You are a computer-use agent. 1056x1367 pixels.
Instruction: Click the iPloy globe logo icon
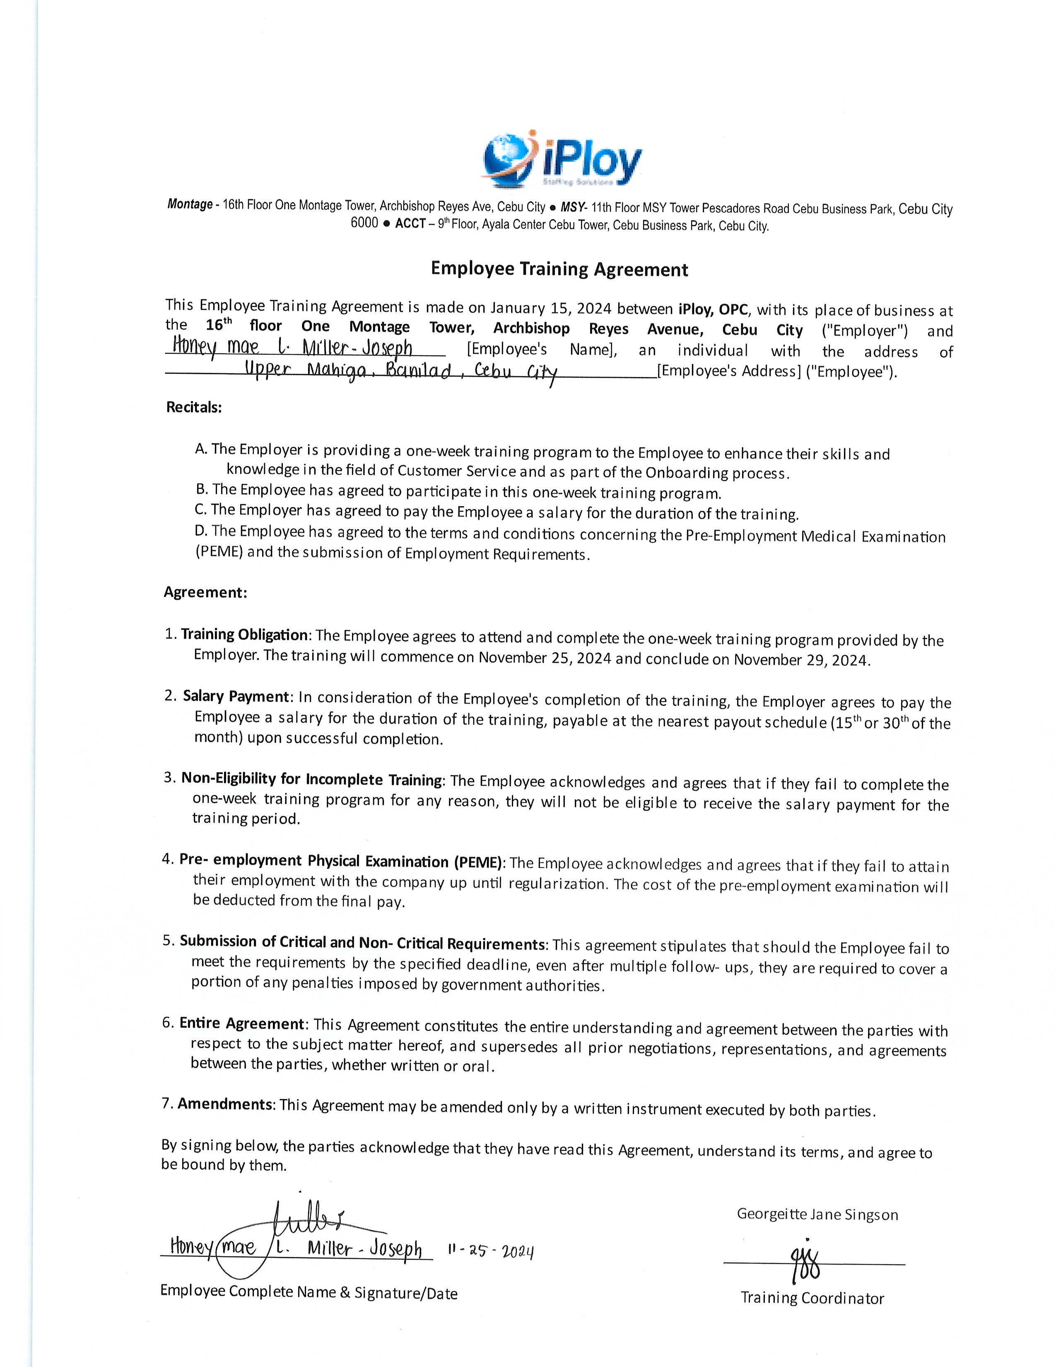tap(508, 159)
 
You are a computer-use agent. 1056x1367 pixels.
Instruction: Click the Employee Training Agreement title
tap(559, 269)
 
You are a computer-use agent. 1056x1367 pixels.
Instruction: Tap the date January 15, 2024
tap(550, 308)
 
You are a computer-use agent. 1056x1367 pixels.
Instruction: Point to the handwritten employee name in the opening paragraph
tap(292, 348)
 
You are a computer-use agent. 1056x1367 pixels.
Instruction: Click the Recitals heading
tap(194, 408)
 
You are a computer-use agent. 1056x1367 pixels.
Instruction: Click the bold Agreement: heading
tap(205, 592)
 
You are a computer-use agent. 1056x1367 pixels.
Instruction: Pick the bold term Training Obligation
tap(244, 635)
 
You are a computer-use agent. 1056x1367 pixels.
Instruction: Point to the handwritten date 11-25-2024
tap(490, 1251)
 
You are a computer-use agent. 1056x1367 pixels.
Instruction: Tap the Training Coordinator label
tap(812, 1298)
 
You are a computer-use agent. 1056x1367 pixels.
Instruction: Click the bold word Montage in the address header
tap(190, 204)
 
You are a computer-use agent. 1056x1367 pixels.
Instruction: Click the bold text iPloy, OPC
tap(713, 309)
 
